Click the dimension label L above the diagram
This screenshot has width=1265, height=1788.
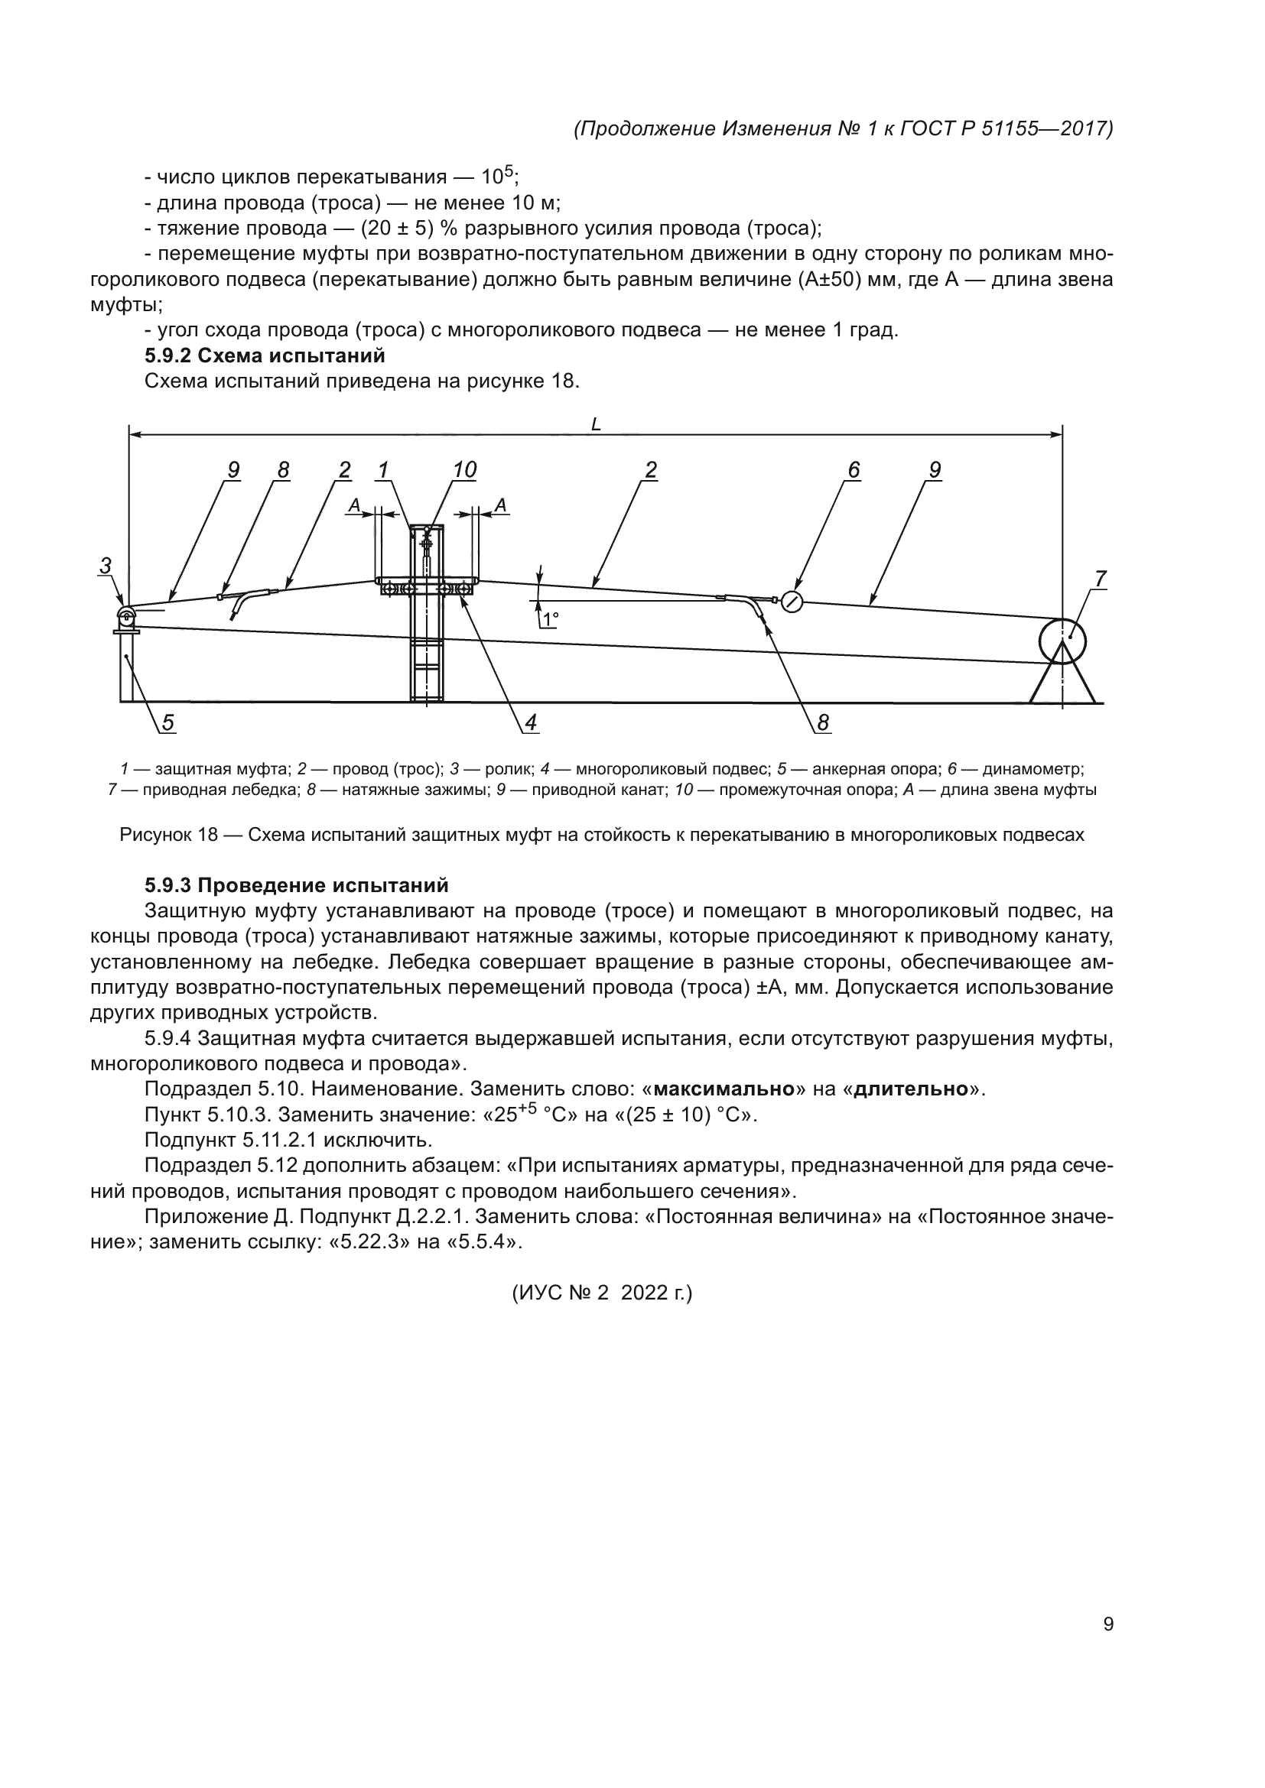point(596,424)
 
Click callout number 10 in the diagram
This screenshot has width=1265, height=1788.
point(464,470)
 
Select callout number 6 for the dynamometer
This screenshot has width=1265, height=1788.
point(854,470)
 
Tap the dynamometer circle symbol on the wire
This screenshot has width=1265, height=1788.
point(792,602)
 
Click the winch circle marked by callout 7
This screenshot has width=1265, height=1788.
point(1062,641)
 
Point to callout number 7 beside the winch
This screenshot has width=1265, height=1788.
point(1101,579)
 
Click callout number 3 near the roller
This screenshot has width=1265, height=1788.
point(105,566)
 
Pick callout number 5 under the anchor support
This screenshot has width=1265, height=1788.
point(168,723)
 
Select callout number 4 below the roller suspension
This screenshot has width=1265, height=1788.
point(531,723)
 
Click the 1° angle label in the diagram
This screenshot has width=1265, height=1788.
point(551,620)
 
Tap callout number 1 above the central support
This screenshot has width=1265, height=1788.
point(383,470)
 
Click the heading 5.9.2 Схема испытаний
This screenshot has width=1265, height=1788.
point(265,356)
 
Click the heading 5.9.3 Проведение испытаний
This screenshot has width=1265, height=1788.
point(296,885)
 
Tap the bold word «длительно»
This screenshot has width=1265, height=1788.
point(911,1089)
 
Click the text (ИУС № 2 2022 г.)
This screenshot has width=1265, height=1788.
point(601,1293)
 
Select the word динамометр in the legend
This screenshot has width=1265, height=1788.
point(1031,770)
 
